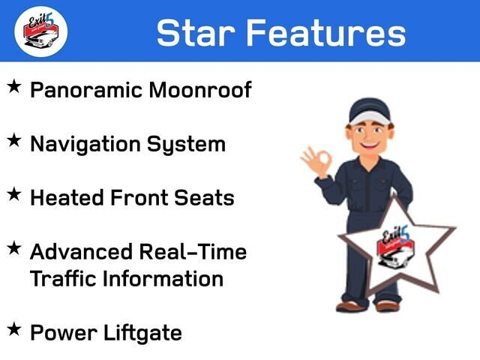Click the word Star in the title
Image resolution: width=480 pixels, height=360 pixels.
pyautogui.click(x=196, y=33)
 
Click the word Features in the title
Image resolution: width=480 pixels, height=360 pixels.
pyautogui.click(x=326, y=33)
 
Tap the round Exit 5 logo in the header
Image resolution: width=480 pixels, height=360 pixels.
pyautogui.click(x=41, y=31)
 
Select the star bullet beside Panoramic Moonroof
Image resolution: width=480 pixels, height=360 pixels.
pyautogui.click(x=14, y=86)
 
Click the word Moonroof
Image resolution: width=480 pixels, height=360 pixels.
pyautogui.click(x=200, y=90)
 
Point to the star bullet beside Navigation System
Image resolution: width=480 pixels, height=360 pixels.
pyautogui.click(x=14, y=140)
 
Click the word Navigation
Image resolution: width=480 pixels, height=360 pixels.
pyautogui.click(x=85, y=145)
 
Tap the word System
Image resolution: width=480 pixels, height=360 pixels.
pyautogui.click(x=186, y=145)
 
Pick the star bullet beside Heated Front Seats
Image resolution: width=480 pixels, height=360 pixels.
pyautogui.click(x=14, y=194)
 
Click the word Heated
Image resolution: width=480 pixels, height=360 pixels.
pyautogui.click(x=67, y=197)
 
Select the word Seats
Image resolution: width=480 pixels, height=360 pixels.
pyautogui.click(x=204, y=197)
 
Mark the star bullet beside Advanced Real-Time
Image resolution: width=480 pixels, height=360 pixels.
pyautogui.click(x=14, y=248)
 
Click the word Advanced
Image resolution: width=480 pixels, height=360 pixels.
pyautogui.click(x=81, y=252)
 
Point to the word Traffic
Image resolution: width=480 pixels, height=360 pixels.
pyautogui.click(x=63, y=278)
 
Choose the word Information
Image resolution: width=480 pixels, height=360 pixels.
pyautogui.click(x=163, y=278)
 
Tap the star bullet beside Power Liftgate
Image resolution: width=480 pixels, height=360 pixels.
pyautogui.click(x=14, y=329)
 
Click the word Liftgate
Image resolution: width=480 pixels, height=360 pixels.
pyautogui.click(x=143, y=333)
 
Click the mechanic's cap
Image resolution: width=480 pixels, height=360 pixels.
pyautogui.click(x=370, y=112)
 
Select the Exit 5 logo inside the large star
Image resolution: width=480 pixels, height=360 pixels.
pyautogui.click(x=396, y=247)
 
